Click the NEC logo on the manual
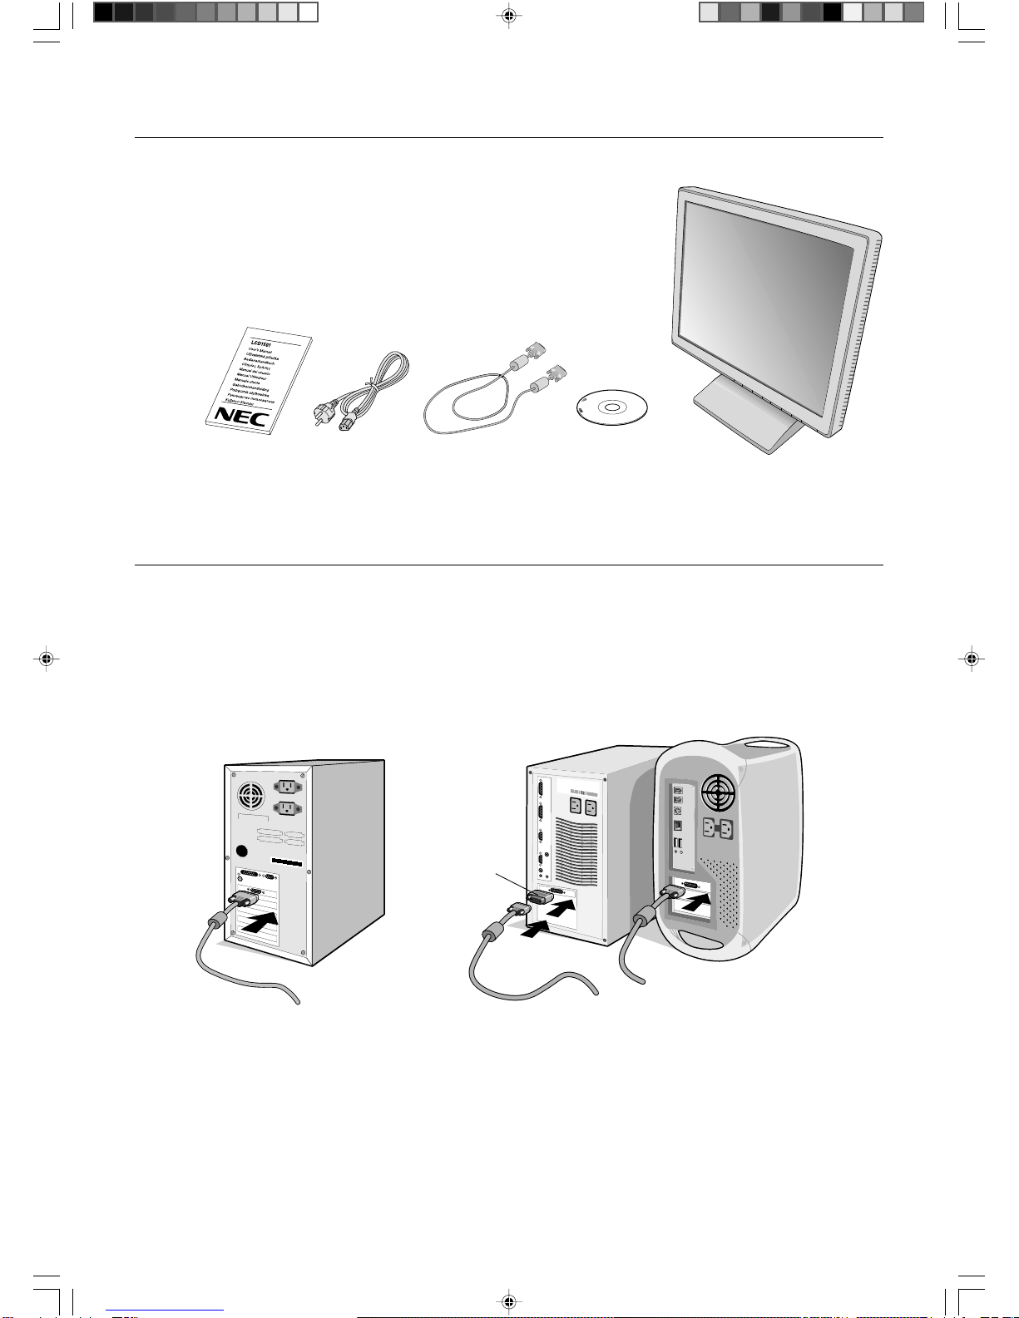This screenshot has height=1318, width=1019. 241,416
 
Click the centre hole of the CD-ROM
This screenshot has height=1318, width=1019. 612,407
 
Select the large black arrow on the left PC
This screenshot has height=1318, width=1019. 261,921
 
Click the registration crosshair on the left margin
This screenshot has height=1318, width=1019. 47,659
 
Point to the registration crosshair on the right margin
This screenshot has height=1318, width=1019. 971,659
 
